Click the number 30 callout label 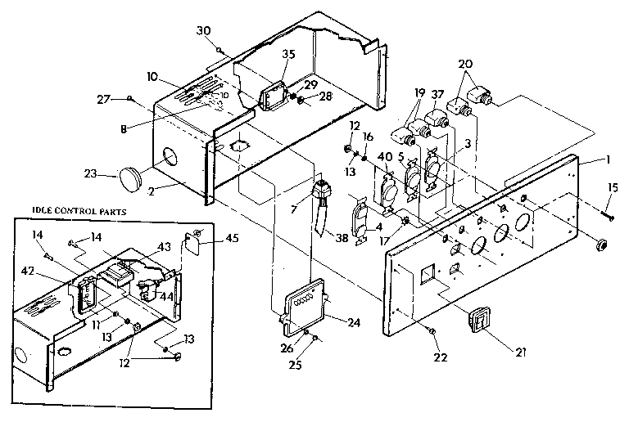point(204,31)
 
